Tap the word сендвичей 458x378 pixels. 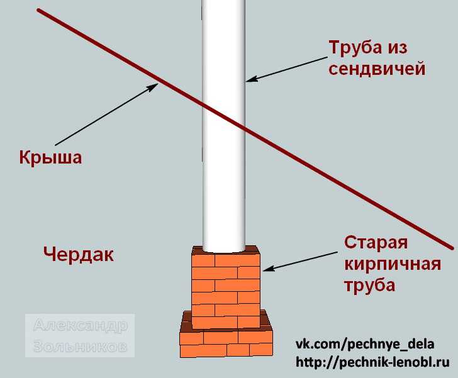point(377,70)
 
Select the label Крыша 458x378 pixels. point(50,157)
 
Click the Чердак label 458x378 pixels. point(78,255)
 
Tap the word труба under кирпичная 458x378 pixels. point(370,284)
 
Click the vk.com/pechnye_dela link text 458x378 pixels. point(365,344)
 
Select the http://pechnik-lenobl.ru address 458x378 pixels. point(372,362)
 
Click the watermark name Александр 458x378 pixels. point(81,325)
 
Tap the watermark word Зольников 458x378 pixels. point(81,347)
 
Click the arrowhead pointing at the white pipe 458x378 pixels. point(251,79)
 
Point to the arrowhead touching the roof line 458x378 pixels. point(152,87)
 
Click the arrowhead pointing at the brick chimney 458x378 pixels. point(269,268)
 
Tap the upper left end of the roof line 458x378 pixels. point(38,10)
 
